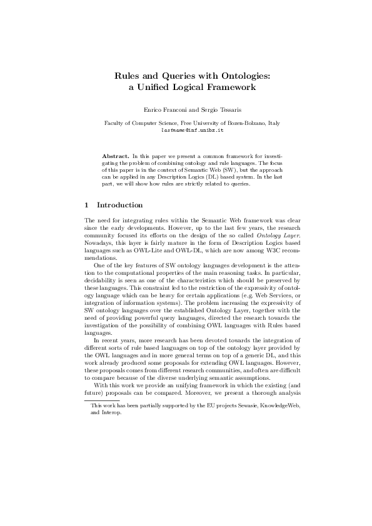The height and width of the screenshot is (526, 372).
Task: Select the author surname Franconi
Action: pos(169,109)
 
